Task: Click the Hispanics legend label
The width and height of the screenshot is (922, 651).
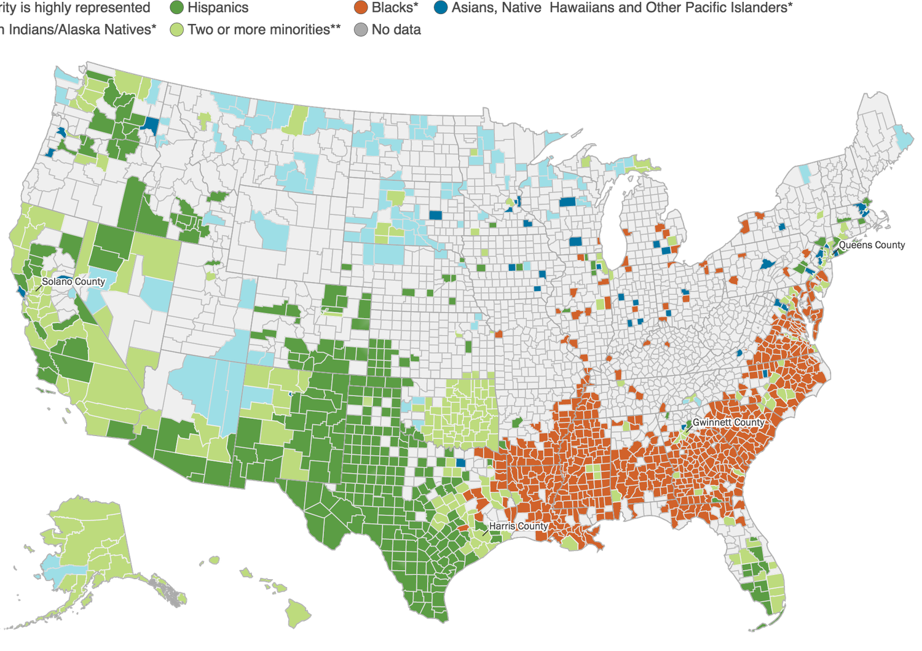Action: point(218,8)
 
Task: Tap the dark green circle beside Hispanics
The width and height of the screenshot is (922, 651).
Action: point(177,8)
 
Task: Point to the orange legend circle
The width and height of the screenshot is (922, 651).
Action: point(361,8)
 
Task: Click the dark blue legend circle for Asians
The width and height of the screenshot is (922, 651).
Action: point(440,8)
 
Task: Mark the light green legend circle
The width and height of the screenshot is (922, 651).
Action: point(177,29)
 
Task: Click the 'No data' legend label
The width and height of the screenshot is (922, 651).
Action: point(396,29)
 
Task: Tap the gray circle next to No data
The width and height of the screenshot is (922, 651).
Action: point(361,29)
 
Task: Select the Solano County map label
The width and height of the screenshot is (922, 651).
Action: point(73,281)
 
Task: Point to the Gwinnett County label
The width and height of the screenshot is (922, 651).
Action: point(728,423)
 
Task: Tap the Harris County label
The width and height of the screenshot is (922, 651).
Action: point(518,526)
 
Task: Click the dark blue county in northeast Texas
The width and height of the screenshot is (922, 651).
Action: point(460,462)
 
